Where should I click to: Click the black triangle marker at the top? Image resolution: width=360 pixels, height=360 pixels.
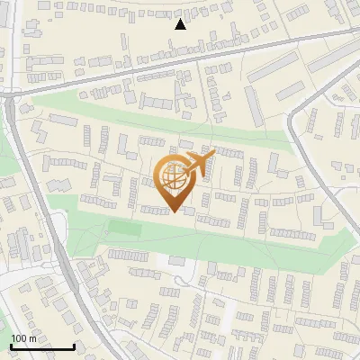pyautogui.click(x=180, y=24)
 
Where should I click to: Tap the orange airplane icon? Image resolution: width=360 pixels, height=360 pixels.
pyautogui.click(x=197, y=165)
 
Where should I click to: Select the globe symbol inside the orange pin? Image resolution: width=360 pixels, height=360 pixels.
pyautogui.click(x=173, y=178)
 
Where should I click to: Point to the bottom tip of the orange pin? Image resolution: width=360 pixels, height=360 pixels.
pyautogui.click(x=174, y=212)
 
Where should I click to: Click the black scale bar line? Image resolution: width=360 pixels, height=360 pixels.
pyautogui.click(x=42, y=347)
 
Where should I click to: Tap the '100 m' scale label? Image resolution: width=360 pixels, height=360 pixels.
pyautogui.click(x=23, y=338)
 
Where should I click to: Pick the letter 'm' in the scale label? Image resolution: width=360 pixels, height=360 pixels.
pyautogui.click(x=31, y=338)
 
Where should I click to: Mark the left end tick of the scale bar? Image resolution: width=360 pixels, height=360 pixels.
pyautogui.click(x=11, y=346)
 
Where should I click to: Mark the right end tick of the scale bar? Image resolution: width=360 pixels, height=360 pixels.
pyautogui.click(x=74, y=346)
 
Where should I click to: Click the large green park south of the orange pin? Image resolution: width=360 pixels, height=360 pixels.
pyautogui.click(x=225, y=243)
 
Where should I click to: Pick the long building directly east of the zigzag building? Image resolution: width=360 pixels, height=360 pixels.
pyautogui.click(x=67, y=162)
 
